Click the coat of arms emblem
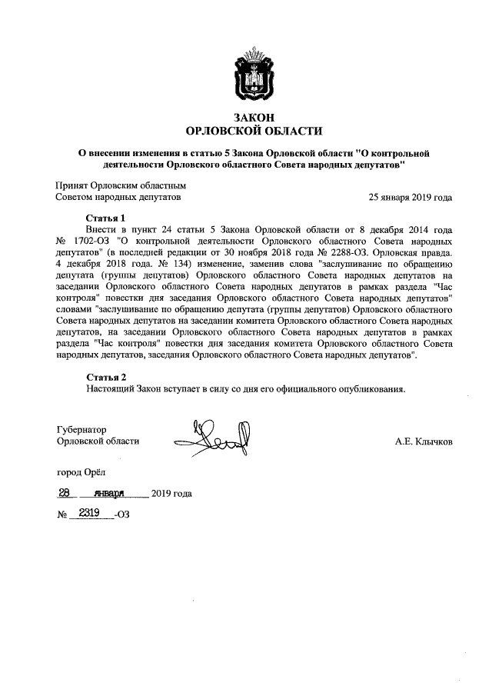pyautogui.click(x=245, y=75)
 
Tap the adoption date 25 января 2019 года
pyautogui.click(x=411, y=197)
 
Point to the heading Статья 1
pyautogui.click(x=105, y=218)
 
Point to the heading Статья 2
pyautogui.click(x=105, y=377)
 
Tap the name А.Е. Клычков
pyautogui.click(x=424, y=441)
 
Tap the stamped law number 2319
pyautogui.click(x=91, y=514)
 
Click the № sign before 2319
pyautogui.click(x=62, y=515)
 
